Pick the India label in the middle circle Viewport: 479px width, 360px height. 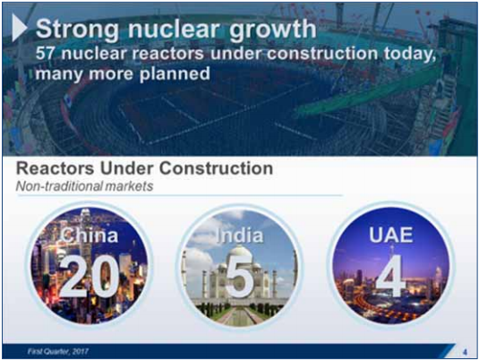240,236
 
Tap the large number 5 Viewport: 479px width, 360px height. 240,279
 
